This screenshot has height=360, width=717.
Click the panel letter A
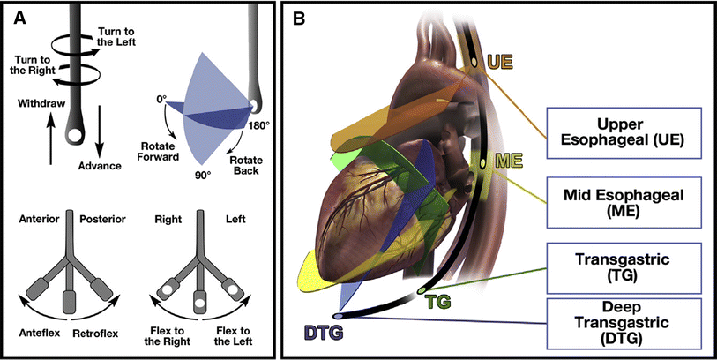click(x=16, y=15)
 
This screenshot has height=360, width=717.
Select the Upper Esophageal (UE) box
click(x=617, y=130)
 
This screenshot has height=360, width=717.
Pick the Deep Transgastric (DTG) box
click(x=617, y=321)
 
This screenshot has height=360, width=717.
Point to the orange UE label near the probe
click(x=498, y=63)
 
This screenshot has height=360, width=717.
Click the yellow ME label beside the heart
click(x=510, y=161)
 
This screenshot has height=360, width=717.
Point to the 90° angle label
click(x=204, y=175)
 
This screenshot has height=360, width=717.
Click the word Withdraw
click(x=41, y=104)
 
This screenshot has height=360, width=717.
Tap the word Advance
click(x=98, y=165)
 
